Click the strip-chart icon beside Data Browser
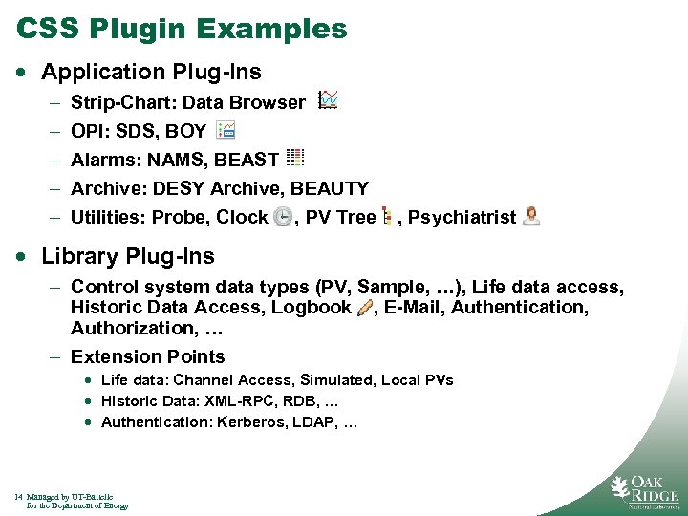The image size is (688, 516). pos(328,99)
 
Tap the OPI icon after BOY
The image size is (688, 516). pos(226,130)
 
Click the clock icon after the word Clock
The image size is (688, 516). pos(283,217)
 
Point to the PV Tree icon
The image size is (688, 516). pos(386,217)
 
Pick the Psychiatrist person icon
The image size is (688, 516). pos(531,216)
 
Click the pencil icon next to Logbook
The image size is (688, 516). pos(364,308)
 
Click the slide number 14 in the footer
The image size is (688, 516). pos(19,497)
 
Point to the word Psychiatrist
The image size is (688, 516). pos(462,217)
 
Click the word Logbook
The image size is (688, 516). pos(312,307)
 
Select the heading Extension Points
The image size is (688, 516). pos(148,356)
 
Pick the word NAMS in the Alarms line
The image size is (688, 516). pos(171,160)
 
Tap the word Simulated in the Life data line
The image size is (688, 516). pos(337,380)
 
